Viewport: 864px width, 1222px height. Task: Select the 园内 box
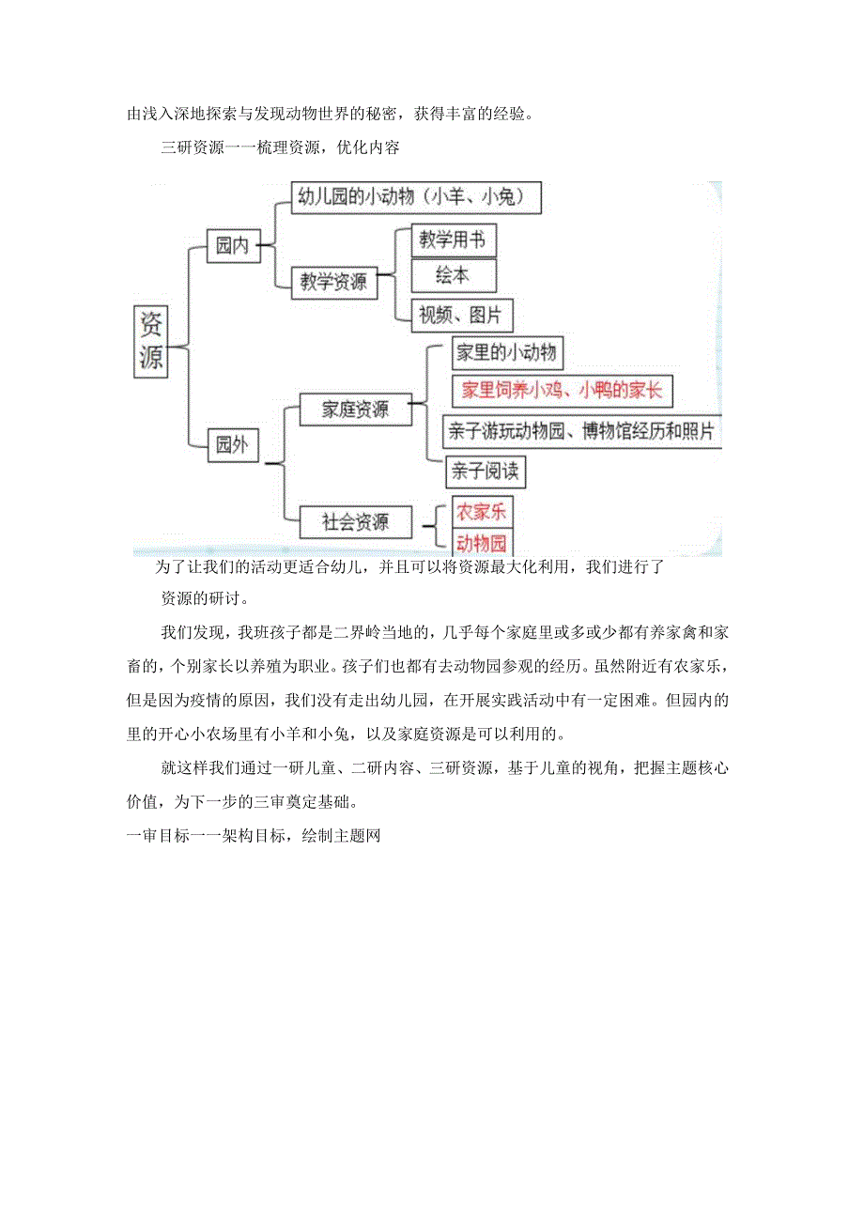[233, 246]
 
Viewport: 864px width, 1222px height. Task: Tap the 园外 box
[233, 444]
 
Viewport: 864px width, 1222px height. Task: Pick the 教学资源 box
[333, 281]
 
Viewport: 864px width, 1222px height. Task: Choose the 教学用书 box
[454, 240]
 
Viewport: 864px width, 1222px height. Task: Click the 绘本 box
[454, 274]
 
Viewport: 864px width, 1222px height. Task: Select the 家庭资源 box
[354, 409]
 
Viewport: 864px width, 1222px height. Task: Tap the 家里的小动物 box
[506, 353]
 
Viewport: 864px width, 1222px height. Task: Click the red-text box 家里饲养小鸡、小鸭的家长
[562, 390]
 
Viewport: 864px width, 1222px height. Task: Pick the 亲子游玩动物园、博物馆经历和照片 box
[581, 431]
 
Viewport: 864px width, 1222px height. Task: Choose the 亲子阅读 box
[485, 471]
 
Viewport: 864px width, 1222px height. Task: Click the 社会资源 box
[354, 522]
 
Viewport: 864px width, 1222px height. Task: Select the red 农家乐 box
[482, 512]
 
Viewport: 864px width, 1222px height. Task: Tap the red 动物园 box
[482, 543]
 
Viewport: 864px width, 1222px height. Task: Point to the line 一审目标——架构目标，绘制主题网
[253, 833]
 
